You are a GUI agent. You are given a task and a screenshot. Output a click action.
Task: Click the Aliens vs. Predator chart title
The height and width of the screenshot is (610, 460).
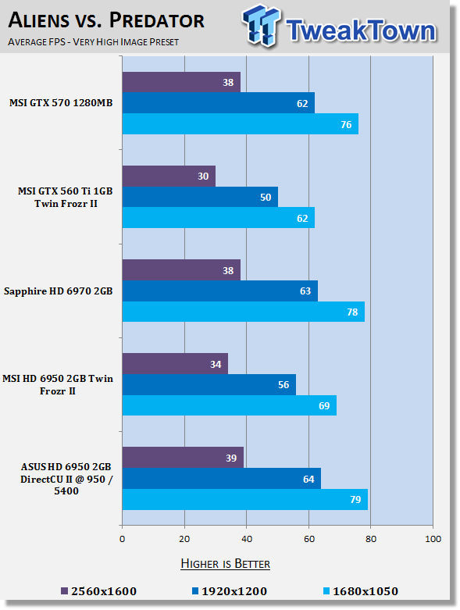[x=106, y=20]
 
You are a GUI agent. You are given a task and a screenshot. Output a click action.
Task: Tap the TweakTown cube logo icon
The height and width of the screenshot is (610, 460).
[x=262, y=26]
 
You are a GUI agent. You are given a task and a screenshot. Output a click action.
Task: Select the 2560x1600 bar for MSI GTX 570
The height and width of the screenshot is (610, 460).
[x=181, y=82]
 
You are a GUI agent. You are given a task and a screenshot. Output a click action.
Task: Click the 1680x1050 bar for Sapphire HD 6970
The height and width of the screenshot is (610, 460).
[x=244, y=312]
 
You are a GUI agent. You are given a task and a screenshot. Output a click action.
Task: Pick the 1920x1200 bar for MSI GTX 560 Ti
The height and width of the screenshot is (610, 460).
[x=200, y=197]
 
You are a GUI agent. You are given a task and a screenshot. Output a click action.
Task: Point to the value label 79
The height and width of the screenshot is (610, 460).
[x=355, y=500]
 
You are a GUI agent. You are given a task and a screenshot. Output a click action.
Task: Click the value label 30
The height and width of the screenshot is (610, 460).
[x=203, y=177]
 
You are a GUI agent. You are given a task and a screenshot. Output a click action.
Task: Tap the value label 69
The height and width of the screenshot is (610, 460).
[x=324, y=406]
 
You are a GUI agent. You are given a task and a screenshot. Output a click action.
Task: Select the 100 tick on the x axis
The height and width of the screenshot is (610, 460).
[x=433, y=539]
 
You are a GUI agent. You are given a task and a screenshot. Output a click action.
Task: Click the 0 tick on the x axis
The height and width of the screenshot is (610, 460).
[x=122, y=539]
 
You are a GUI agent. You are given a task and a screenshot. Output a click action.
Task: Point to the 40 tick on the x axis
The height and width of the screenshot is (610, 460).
[x=247, y=539]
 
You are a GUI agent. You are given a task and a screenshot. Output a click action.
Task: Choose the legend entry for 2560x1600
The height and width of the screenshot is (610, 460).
[x=99, y=591]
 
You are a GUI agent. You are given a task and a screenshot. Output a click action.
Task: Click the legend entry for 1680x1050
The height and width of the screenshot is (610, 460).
[x=361, y=591]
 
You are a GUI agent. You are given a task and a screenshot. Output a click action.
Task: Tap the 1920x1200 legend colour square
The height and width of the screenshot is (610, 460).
[x=195, y=591]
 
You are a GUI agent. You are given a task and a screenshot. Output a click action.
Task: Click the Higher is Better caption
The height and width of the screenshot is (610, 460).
[x=226, y=564]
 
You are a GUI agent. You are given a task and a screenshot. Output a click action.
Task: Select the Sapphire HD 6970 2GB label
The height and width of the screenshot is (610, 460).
[x=59, y=291]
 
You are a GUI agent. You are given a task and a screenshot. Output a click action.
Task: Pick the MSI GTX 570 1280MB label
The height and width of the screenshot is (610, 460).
[x=61, y=103]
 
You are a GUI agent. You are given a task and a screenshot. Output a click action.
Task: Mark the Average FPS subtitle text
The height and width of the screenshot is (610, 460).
[x=93, y=41]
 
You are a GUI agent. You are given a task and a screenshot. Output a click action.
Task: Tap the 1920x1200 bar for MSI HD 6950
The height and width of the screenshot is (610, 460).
[x=209, y=384]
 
